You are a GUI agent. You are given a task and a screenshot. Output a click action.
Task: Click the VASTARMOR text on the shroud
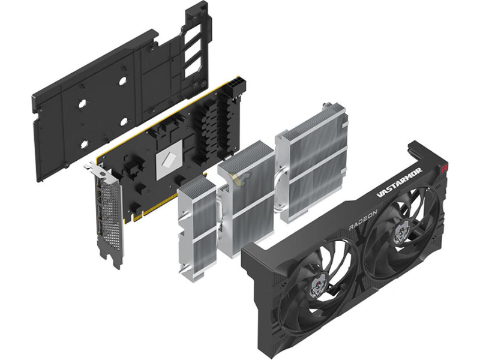[399, 184]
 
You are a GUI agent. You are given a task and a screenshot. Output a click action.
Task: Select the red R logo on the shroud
[443, 168]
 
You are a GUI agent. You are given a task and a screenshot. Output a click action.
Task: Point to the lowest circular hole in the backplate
[84, 144]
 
